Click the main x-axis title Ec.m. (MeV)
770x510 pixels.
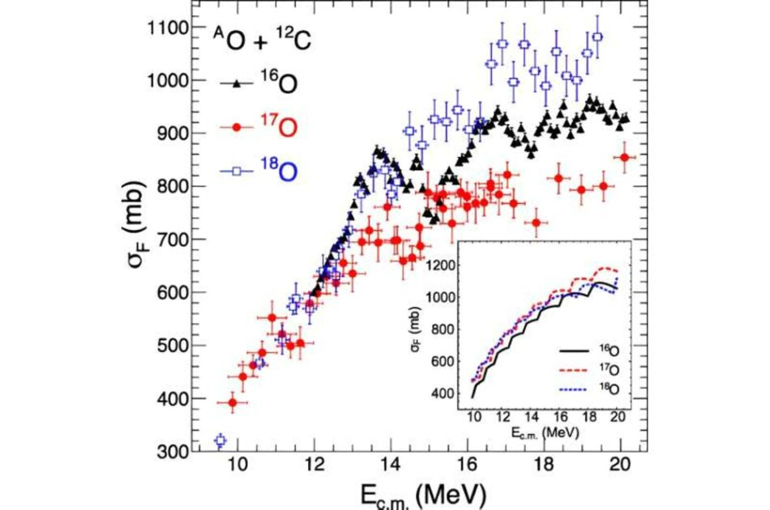[x=423, y=495]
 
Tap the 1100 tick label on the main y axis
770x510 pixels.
[x=168, y=28]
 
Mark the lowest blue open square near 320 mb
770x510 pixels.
[x=220, y=440]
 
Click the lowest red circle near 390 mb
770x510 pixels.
[x=233, y=402]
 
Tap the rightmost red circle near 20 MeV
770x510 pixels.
[x=625, y=157]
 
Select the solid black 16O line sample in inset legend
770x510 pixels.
[x=574, y=351]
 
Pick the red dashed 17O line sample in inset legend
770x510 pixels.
[x=574, y=370]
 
